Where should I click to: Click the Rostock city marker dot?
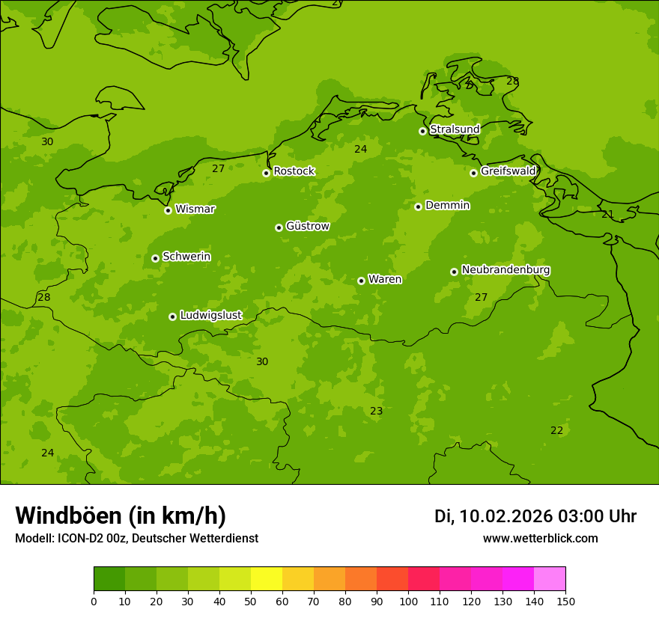pyautogui.click(x=266, y=173)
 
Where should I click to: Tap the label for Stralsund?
pyautogui.click(x=455, y=129)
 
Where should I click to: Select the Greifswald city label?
pyautogui.click(x=508, y=171)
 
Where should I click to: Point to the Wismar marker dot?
pyautogui.click(x=168, y=210)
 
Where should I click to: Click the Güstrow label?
pyautogui.click(x=307, y=226)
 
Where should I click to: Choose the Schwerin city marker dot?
pyautogui.click(x=155, y=258)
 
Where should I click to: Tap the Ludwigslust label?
pyautogui.click(x=210, y=315)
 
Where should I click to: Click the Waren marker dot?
pyautogui.click(x=361, y=281)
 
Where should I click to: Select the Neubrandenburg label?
pyautogui.click(x=505, y=269)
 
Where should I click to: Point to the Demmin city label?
pyautogui.click(x=447, y=205)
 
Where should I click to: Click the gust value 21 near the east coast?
pyautogui.click(x=607, y=214)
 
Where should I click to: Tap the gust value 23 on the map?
pyautogui.click(x=376, y=411)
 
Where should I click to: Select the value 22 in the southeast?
pyautogui.click(x=556, y=430)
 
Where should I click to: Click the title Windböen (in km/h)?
pyautogui.click(x=121, y=516)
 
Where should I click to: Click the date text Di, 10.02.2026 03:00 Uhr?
pyautogui.click(x=535, y=516)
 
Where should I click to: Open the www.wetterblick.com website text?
pyautogui.click(x=540, y=539)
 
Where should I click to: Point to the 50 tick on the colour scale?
pyautogui.click(x=251, y=601)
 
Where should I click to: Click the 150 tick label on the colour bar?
pyautogui.click(x=565, y=601)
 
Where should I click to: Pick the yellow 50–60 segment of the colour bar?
pyautogui.click(x=267, y=579)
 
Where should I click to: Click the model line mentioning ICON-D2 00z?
pyautogui.click(x=136, y=539)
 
